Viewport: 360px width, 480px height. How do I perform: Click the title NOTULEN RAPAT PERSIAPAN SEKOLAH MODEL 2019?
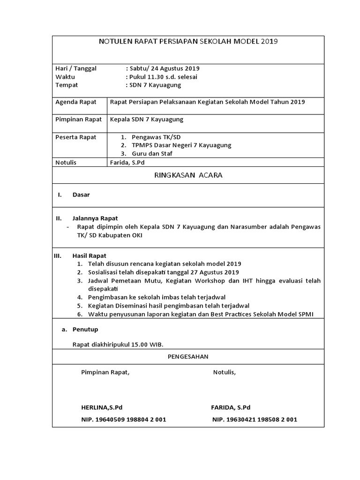188,41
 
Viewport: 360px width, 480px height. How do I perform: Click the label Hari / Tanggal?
76,68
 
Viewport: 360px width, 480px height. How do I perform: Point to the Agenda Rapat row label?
76,102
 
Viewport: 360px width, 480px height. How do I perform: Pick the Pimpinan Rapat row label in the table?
78,120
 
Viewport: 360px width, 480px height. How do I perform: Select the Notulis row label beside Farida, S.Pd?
66,163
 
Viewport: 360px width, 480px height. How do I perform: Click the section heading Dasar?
81,195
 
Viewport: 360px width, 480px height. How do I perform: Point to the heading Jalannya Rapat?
95,218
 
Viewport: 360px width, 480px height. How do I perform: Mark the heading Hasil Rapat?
89,255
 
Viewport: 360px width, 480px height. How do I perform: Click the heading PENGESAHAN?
188,357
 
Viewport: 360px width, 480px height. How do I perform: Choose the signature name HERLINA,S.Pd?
102,407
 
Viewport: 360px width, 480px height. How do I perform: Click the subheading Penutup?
85,330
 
